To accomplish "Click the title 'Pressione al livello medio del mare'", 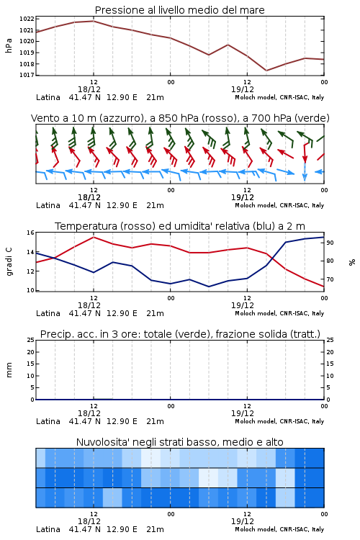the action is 179,10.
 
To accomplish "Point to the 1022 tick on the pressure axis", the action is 27,19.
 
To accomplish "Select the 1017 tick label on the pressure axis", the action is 27,75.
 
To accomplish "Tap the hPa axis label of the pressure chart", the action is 9,46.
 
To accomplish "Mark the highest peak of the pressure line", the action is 94,21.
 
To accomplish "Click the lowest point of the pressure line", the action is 266,71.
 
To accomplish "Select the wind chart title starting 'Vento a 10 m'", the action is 180,118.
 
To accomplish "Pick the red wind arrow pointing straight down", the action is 305,153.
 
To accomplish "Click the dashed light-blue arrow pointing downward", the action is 305,172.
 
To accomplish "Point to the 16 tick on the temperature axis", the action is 30,233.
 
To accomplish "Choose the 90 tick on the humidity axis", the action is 330,243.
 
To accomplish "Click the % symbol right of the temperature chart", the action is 352,262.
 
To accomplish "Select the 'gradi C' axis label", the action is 9,262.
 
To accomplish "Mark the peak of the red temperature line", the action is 94,237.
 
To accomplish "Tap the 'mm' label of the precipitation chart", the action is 9,370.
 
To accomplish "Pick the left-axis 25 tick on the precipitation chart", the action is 30,341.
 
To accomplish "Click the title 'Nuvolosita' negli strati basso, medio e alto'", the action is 179,442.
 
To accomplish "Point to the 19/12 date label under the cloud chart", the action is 243,521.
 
